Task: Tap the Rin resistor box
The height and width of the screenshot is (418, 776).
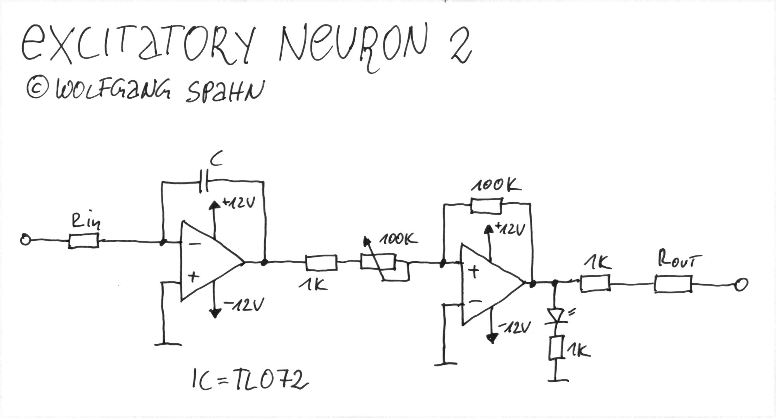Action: (84, 241)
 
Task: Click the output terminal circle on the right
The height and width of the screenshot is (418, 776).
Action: (741, 285)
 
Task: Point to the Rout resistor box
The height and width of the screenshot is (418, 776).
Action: (673, 284)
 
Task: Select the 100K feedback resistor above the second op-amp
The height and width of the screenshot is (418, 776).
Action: (487, 205)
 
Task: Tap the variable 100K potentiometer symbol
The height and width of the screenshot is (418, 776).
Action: (378, 262)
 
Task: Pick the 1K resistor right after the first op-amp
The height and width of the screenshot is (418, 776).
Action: (321, 263)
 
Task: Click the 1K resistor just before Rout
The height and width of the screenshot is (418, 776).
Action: (595, 283)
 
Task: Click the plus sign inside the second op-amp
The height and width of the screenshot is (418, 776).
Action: (473, 271)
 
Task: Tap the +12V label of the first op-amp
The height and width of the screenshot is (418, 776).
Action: (238, 203)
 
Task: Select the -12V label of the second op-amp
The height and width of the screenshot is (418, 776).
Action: (514, 328)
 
